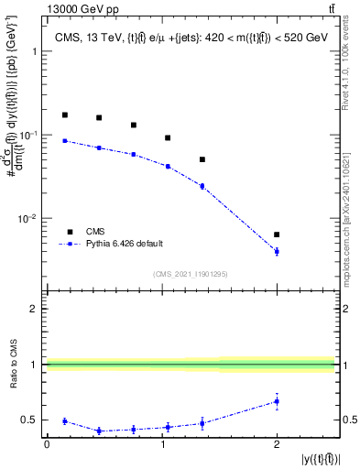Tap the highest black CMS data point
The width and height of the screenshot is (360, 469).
(64, 115)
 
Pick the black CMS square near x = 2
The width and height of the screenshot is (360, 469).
(277, 234)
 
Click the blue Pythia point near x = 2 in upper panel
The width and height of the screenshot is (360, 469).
(277, 251)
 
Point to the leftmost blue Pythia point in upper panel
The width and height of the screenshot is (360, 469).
(64, 140)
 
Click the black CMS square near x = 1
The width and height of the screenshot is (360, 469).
(168, 137)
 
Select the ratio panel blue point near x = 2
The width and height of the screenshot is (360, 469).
(277, 401)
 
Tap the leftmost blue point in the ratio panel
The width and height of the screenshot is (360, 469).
(64, 421)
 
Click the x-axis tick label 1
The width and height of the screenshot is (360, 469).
(162, 444)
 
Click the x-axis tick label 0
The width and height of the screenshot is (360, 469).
(47, 444)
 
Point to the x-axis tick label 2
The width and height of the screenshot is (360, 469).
(277, 444)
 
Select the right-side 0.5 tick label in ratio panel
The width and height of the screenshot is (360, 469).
(349, 420)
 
